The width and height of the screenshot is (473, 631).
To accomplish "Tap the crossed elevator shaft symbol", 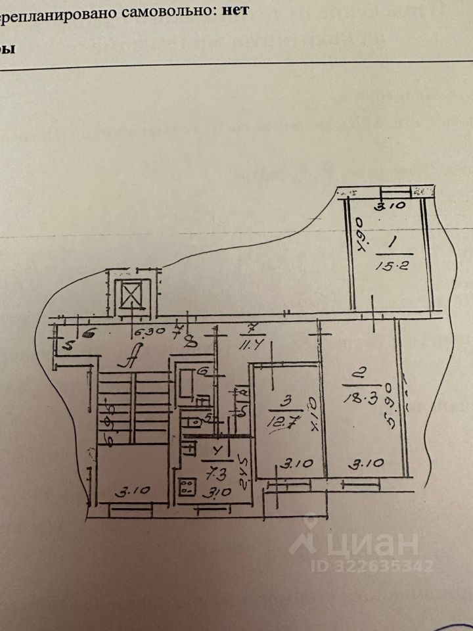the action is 131,294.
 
